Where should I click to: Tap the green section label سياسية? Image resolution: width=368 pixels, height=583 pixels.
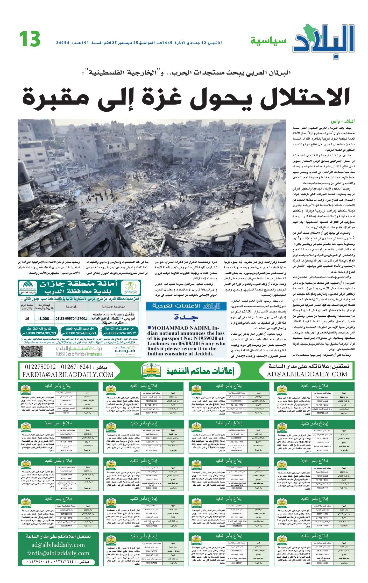pos(268,41)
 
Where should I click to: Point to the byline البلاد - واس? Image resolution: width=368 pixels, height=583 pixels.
pos(342,122)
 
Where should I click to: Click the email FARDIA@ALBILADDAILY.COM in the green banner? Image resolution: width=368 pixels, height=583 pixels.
pos(68,375)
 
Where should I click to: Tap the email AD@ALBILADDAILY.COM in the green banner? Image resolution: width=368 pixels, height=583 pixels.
pos(307,374)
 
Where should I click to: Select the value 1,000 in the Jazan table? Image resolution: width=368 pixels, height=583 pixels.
pos(44,319)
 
